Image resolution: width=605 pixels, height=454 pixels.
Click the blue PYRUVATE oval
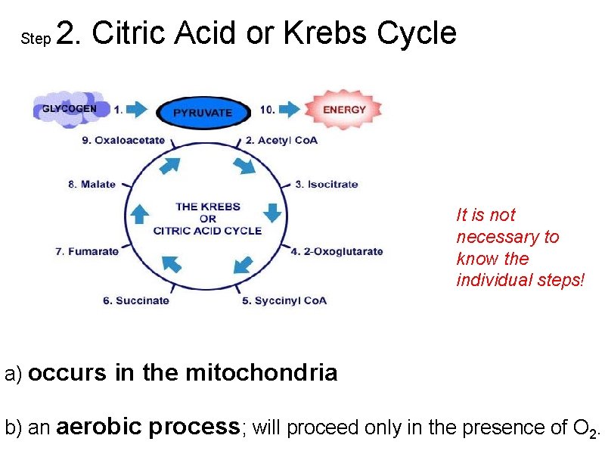coord(203,113)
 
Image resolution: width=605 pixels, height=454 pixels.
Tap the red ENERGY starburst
coord(343,110)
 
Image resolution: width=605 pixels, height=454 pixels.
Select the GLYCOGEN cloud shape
coord(69,109)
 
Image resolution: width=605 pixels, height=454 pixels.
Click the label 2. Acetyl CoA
coord(281,140)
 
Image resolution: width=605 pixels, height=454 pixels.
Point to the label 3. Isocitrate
coord(326,184)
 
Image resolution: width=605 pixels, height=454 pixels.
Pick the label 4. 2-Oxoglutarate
coord(337,251)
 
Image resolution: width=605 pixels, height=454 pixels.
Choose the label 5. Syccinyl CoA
coord(284,300)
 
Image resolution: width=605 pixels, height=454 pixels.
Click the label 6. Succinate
coord(136,300)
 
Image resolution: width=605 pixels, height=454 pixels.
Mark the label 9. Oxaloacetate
coord(123,140)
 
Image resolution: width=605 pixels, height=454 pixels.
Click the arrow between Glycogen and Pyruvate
coord(138,110)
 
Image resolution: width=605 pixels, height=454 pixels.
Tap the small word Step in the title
coord(36,38)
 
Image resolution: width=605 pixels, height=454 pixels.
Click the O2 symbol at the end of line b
coord(585,429)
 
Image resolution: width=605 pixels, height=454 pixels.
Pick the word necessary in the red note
coord(507,237)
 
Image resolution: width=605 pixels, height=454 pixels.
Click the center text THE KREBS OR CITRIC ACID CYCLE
coord(207,218)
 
